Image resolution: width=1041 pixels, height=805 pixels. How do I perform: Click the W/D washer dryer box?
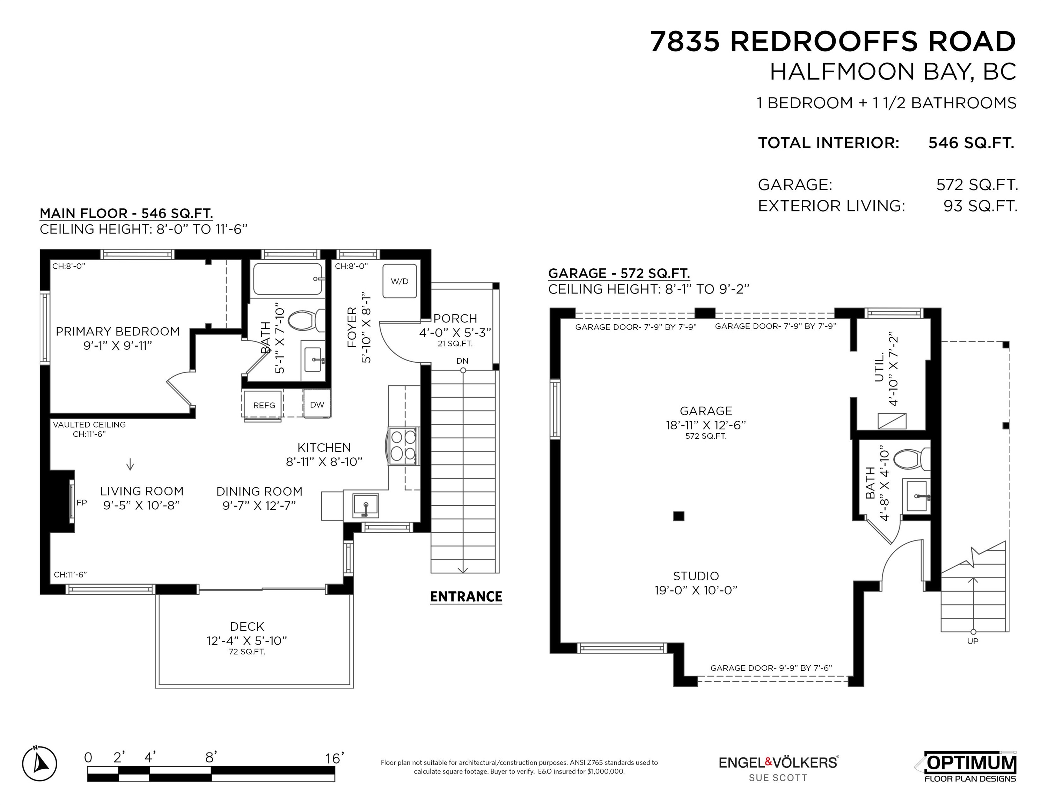[x=399, y=281]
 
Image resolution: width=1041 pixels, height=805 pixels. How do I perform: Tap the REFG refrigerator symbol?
[x=264, y=405]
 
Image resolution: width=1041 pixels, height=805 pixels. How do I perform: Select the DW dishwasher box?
[x=317, y=404]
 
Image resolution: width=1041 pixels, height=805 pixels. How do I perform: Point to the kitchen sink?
[x=366, y=506]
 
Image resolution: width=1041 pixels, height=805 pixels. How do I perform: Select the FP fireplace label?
[x=81, y=502]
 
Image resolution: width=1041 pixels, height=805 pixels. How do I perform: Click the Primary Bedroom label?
[x=118, y=332]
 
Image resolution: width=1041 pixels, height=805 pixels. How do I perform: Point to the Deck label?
[x=247, y=626]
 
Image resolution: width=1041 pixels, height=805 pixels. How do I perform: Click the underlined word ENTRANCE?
[x=466, y=597]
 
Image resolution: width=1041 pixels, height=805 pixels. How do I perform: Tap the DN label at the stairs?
[x=462, y=361]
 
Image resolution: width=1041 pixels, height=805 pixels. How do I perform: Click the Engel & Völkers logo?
[x=779, y=768]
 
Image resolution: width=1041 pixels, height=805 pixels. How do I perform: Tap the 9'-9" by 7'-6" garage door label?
[x=771, y=668]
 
